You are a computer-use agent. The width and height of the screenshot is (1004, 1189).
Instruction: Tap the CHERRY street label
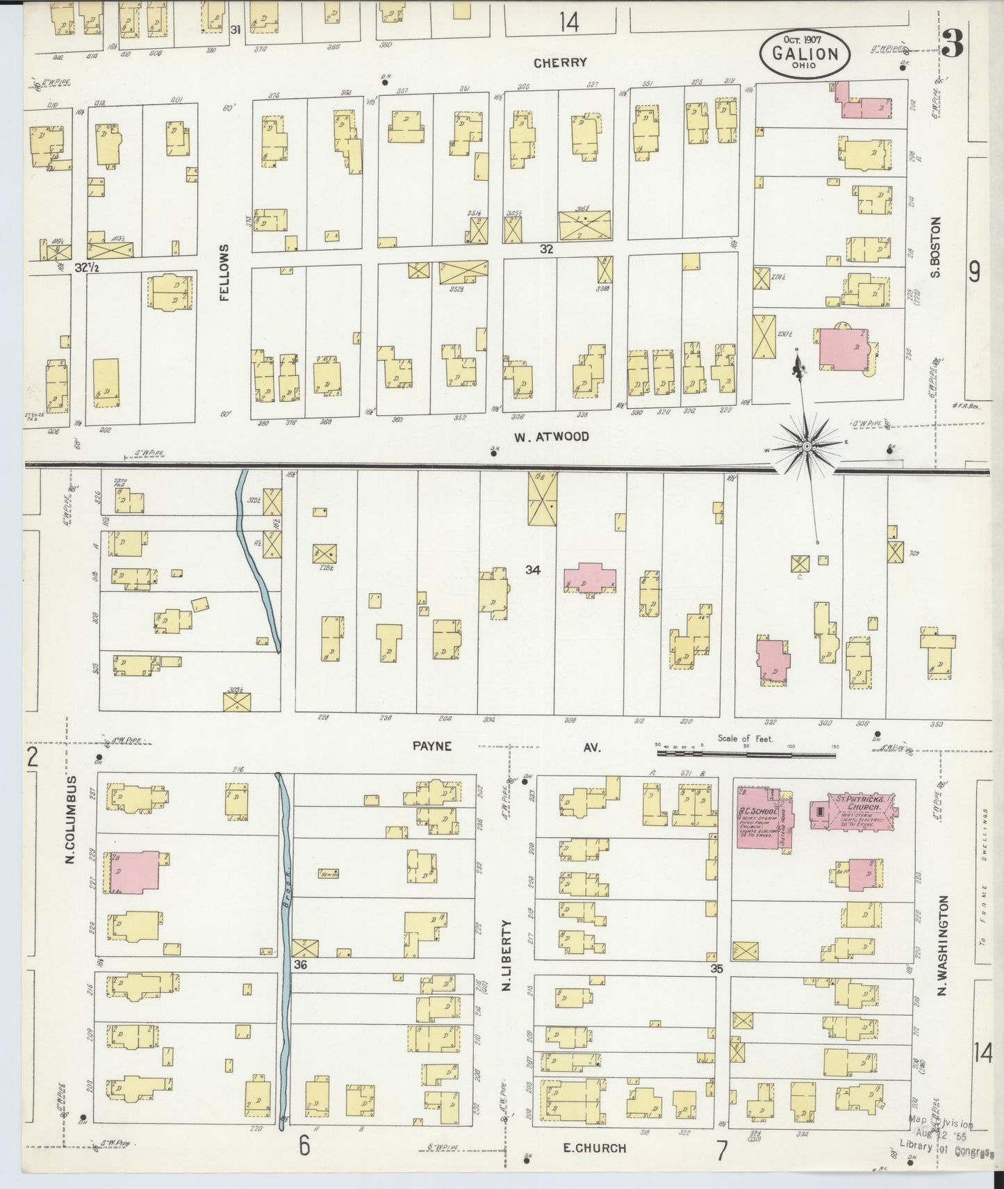coord(560,63)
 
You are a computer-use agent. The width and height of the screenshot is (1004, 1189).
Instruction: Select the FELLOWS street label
coord(224,273)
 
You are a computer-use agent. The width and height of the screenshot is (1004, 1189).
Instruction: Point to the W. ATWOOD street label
coord(552,437)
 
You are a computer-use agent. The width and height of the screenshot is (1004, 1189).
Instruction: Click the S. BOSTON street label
coord(935,248)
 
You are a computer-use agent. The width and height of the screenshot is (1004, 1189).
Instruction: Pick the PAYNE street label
coord(432,746)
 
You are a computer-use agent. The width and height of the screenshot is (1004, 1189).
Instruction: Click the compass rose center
coord(807,446)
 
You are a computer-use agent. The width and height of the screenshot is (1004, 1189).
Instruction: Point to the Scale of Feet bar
coord(746,752)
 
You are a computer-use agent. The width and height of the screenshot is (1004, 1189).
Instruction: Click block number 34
coord(533,570)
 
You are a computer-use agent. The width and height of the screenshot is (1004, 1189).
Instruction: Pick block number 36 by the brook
coord(300,965)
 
